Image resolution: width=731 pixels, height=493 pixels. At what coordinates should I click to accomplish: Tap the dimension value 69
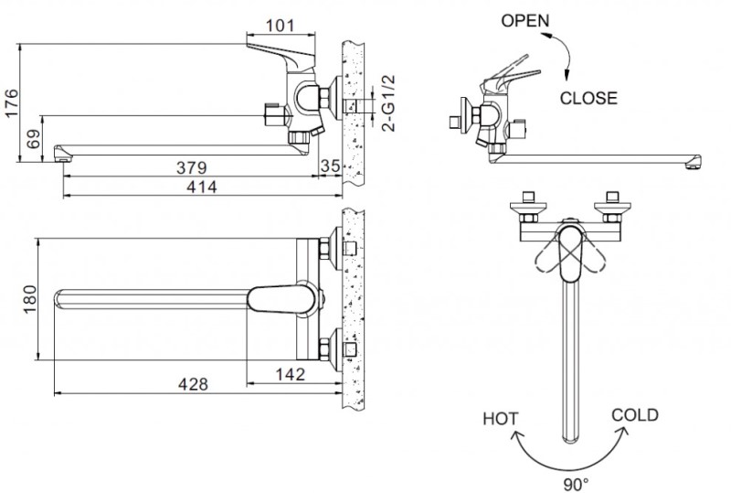31,140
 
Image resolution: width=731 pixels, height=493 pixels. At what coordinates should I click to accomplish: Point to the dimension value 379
193,167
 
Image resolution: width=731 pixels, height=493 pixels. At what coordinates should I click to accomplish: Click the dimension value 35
331,167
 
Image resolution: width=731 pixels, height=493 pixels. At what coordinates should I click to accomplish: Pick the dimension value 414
201,187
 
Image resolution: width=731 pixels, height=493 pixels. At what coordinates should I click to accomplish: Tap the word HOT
500,420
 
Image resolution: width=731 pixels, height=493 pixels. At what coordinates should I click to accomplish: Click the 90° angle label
576,478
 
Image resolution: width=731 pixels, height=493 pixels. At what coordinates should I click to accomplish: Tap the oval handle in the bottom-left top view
283,299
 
